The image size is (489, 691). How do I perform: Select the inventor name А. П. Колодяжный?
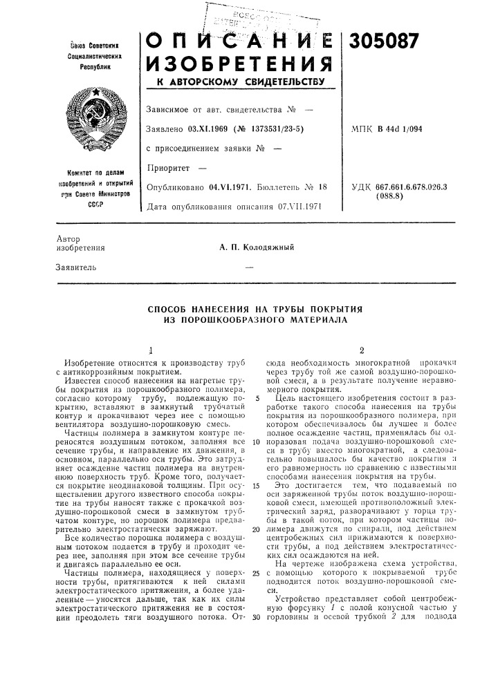(x=264, y=247)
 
